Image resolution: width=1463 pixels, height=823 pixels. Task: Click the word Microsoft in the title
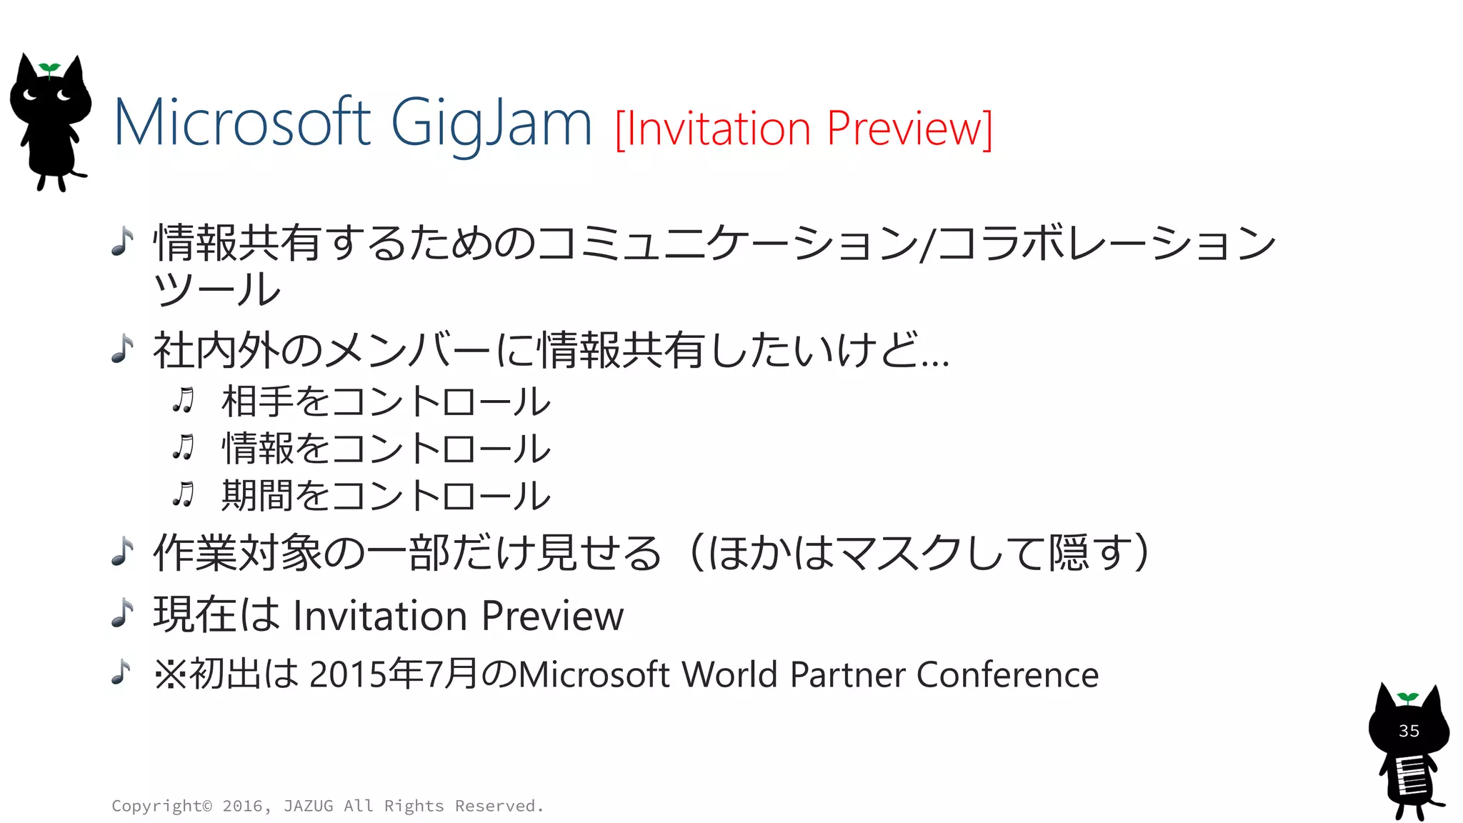(241, 123)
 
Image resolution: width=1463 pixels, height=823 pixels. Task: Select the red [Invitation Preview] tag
(803, 129)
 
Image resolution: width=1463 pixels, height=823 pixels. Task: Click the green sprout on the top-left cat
(49, 69)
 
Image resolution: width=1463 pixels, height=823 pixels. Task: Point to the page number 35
(1409, 731)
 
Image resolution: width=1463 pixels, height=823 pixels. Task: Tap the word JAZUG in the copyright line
(308, 806)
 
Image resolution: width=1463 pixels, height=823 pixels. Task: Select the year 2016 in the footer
(242, 806)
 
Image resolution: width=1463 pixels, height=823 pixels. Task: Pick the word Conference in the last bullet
(1007, 674)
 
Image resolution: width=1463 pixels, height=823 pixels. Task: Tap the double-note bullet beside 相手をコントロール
(184, 401)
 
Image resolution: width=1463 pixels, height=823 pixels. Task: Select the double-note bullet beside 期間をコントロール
(184, 494)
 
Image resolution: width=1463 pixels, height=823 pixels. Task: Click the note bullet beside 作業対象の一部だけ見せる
(123, 552)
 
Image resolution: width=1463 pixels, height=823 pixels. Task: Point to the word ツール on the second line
(216, 289)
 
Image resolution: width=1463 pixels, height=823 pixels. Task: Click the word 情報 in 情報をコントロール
(257, 449)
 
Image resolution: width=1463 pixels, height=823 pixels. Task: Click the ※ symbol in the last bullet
(170, 674)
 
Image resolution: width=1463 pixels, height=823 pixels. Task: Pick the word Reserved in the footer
(496, 806)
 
